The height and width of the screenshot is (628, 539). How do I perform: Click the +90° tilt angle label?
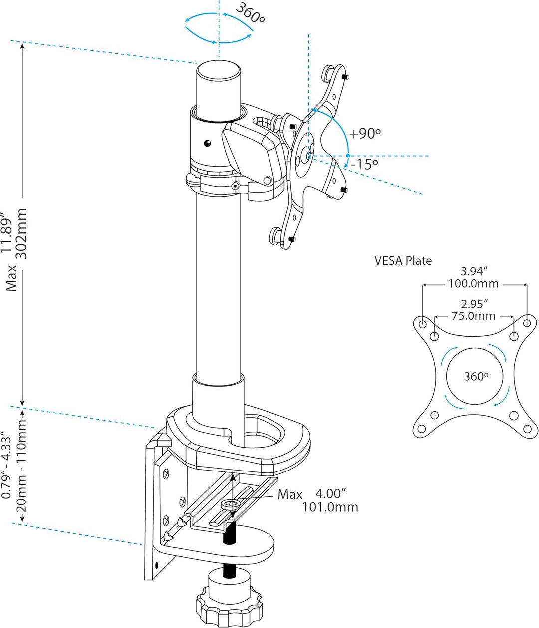click(x=365, y=134)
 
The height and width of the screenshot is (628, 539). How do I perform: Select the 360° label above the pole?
click(x=250, y=14)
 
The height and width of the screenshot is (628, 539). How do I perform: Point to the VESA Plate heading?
click(x=403, y=260)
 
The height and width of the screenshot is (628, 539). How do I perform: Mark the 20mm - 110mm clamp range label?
click(x=22, y=471)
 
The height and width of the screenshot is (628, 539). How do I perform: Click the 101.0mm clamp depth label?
click(x=330, y=507)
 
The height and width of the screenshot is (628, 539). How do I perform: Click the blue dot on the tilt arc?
click(x=348, y=156)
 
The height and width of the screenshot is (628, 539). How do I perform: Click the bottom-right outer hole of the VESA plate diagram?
click(x=526, y=428)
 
